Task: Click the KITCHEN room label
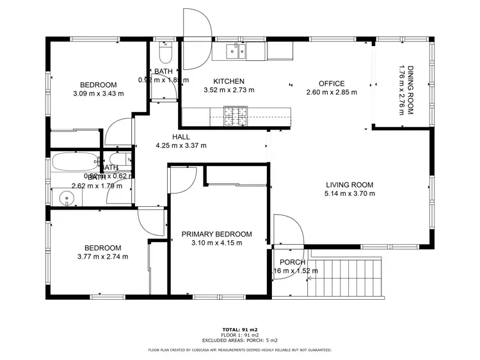[x=228, y=81]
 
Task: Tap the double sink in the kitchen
[x=236, y=52]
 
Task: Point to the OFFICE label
[x=332, y=83]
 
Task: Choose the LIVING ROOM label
[x=349, y=184]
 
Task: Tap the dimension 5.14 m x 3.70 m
[x=349, y=193]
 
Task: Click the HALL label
[x=181, y=136]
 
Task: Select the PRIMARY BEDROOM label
[x=216, y=234]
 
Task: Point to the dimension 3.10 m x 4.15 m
[x=216, y=243]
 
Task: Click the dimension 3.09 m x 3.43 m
[x=98, y=94]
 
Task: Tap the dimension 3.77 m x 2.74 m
[x=102, y=256]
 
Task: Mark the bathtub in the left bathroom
[x=76, y=161]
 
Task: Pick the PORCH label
[x=292, y=262]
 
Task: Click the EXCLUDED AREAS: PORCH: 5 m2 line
[x=239, y=340]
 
